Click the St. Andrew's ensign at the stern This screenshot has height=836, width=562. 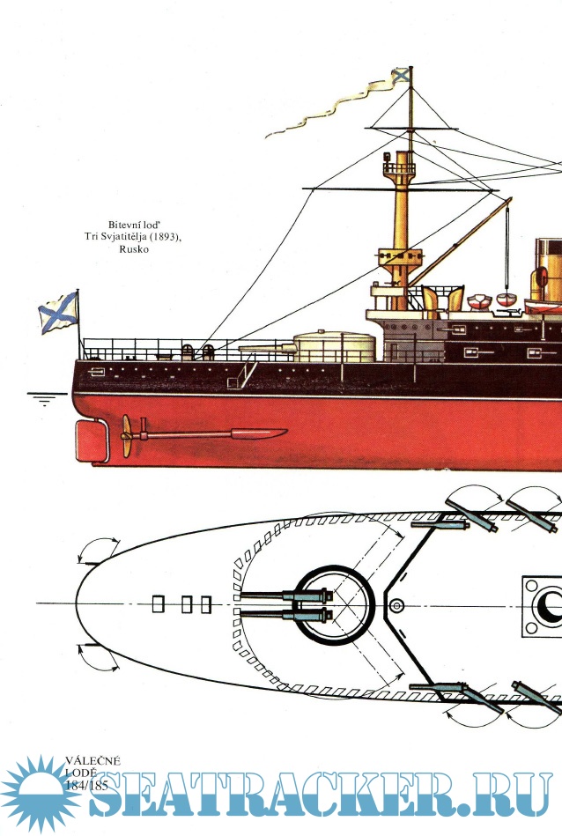58,313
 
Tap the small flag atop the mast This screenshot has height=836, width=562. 401,76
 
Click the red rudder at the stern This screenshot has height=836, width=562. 91,440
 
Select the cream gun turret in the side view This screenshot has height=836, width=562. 334,346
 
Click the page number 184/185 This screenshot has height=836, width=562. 87,786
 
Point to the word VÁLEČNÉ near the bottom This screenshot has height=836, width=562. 92,760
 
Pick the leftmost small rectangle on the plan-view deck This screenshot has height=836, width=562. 159,604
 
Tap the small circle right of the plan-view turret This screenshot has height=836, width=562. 396,605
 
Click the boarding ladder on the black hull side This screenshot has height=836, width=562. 241,374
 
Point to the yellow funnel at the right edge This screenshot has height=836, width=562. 548,264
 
